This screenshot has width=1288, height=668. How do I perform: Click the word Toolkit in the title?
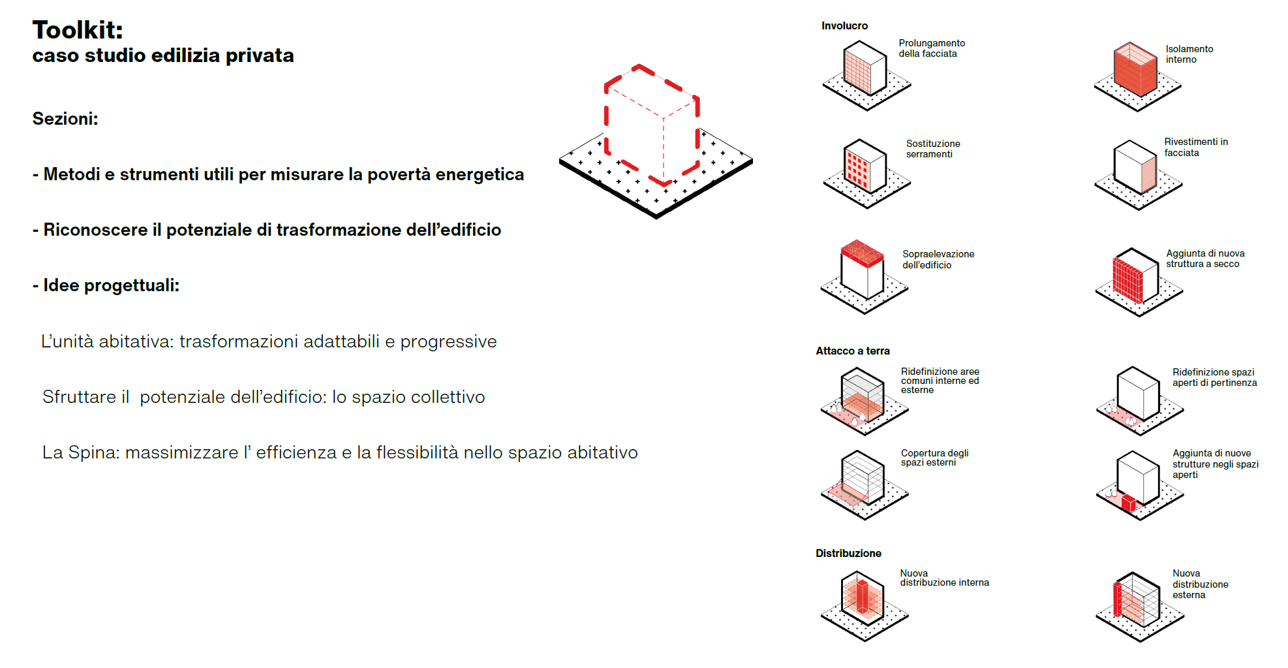pos(77,30)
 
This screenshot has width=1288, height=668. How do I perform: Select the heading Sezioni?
pos(65,119)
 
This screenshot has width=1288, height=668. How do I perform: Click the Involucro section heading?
pos(844,26)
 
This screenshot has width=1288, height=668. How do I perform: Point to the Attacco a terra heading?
pos(852,351)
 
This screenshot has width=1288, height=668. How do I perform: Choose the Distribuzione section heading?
pos(848,554)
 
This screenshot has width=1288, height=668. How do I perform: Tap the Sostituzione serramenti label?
pos(932,149)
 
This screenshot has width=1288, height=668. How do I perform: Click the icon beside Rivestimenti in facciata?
pos(1137,171)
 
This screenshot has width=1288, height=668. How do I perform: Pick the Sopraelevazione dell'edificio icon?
pos(863,274)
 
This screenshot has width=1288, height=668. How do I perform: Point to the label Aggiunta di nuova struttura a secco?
pos(1204,259)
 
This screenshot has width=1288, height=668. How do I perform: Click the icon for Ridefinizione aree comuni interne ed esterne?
pos(863,398)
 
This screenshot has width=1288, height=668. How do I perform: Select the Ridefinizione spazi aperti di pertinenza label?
pos(1214,377)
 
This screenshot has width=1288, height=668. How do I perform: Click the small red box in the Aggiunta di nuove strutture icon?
pos(1129,503)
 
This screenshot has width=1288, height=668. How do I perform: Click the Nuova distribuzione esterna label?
pos(1200,584)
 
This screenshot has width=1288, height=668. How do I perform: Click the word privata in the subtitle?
pos(260,56)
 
